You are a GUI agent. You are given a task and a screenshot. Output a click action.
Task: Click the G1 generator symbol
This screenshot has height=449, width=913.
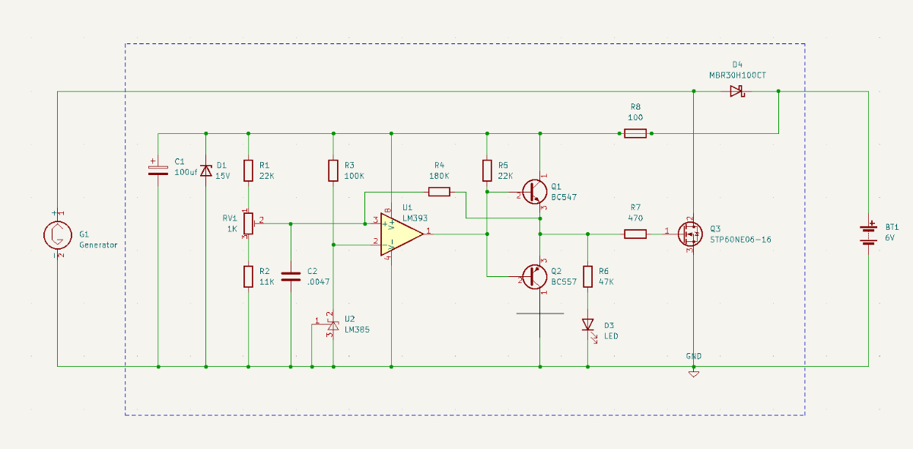(57, 235)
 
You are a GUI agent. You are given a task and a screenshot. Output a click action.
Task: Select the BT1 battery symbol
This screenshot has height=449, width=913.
(868, 234)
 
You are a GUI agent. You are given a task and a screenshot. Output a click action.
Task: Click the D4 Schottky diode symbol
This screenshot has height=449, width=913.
(736, 91)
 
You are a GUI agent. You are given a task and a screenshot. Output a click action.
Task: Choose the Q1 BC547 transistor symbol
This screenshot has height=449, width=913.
(535, 190)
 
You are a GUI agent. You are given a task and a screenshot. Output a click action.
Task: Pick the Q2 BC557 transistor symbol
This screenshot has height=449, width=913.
(535, 276)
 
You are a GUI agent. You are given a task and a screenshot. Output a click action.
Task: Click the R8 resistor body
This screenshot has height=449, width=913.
(635, 134)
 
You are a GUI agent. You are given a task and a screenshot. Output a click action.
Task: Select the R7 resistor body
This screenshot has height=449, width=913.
(635, 234)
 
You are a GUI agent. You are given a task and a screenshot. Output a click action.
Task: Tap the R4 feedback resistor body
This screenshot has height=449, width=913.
(439, 192)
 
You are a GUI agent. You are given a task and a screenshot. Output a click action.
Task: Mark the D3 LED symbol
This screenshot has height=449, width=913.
(587, 325)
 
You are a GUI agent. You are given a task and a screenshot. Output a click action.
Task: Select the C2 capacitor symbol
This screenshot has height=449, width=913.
(291, 276)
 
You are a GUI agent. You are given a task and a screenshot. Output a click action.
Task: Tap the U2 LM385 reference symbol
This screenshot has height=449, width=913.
(332, 325)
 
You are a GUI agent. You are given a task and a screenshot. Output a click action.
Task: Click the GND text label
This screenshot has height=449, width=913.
(694, 355)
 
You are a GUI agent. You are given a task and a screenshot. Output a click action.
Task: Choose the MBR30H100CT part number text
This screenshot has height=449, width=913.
(736, 76)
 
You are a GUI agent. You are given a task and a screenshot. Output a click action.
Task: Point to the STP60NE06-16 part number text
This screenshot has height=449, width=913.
(740, 239)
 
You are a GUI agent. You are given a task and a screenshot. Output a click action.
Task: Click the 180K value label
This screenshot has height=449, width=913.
(439, 176)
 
